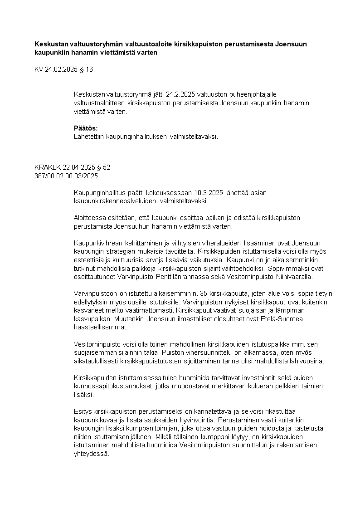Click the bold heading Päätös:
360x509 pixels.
pos(86,128)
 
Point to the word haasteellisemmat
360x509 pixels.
pos(101,327)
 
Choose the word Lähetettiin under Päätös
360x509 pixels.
pos(89,136)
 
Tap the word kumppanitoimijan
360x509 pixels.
pos(146,428)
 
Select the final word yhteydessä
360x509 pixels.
pos(91,453)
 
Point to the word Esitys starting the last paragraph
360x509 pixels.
pos(82,411)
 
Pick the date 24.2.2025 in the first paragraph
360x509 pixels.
pos(180,94)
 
